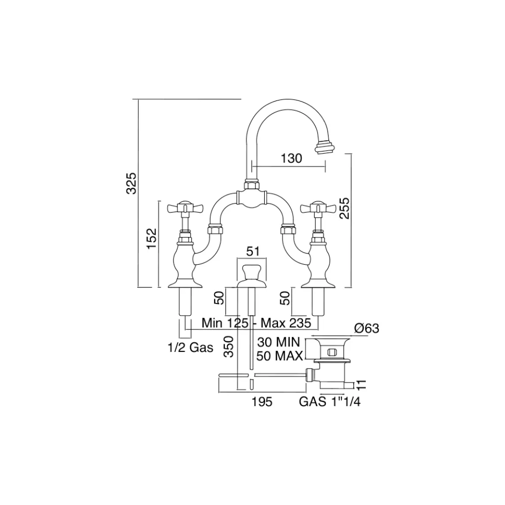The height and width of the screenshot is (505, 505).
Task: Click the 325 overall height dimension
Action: point(131,184)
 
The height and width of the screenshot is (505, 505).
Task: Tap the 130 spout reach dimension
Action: point(291,158)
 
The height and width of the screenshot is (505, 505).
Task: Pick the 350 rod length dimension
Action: point(229,348)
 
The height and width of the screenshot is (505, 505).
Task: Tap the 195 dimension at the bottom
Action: point(262,402)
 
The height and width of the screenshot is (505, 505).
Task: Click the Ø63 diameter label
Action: point(367,329)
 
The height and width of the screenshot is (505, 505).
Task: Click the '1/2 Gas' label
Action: point(190,349)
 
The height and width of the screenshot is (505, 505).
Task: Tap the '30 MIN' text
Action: point(280,342)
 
